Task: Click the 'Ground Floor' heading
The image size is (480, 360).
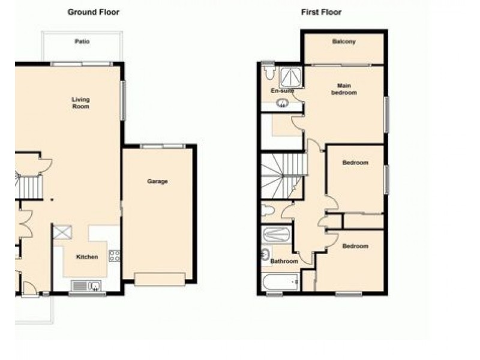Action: pyautogui.click(x=93, y=12)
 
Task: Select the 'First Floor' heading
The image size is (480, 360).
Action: pyautogui.click(x=321, y=12)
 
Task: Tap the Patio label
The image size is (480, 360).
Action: pyautogui.click(x=82, y=42)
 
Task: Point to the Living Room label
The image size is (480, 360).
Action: pyautogui.click(x=80, y=103)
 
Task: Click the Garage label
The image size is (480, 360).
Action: pyautogui.click(x=157, y=181)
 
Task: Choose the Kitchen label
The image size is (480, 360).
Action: pyautogui.click(x=86, y=257)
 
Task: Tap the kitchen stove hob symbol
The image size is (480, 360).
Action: pyautogui.click(x=114, y=256)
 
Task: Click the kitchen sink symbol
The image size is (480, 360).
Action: pyautogui.click(x=86, y=286)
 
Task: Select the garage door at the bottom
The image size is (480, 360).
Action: pyautogui.click(x=160, y=280)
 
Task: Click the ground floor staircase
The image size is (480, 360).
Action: pyautogui.click(x=29, y=187)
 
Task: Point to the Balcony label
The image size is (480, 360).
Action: pyautogui.click(x=343, y=42)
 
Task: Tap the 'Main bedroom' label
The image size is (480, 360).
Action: pyautogui.click(x=344, y=89)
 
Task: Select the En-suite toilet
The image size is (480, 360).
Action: pyautogui.click(x=268, y=71)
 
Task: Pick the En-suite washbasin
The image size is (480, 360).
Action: pyautogui.click(x=282, y=103)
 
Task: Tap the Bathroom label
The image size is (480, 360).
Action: pyautogui.click(x=284, y=262)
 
